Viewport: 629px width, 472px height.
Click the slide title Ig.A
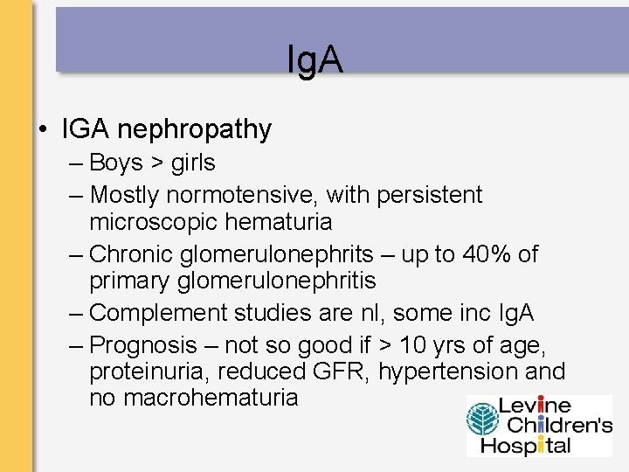click(314, 60)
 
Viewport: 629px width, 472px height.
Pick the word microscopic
click(156, 222)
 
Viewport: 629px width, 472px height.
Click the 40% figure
click(488, 254)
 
